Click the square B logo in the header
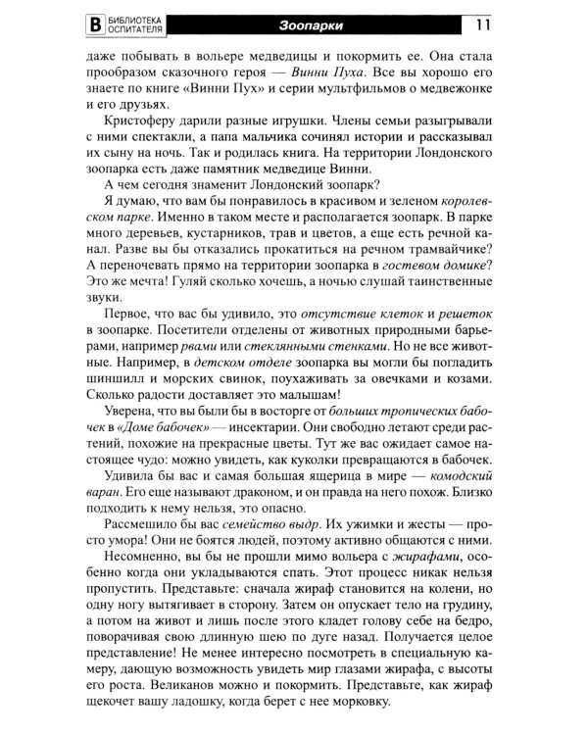[x=94, y=24]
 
